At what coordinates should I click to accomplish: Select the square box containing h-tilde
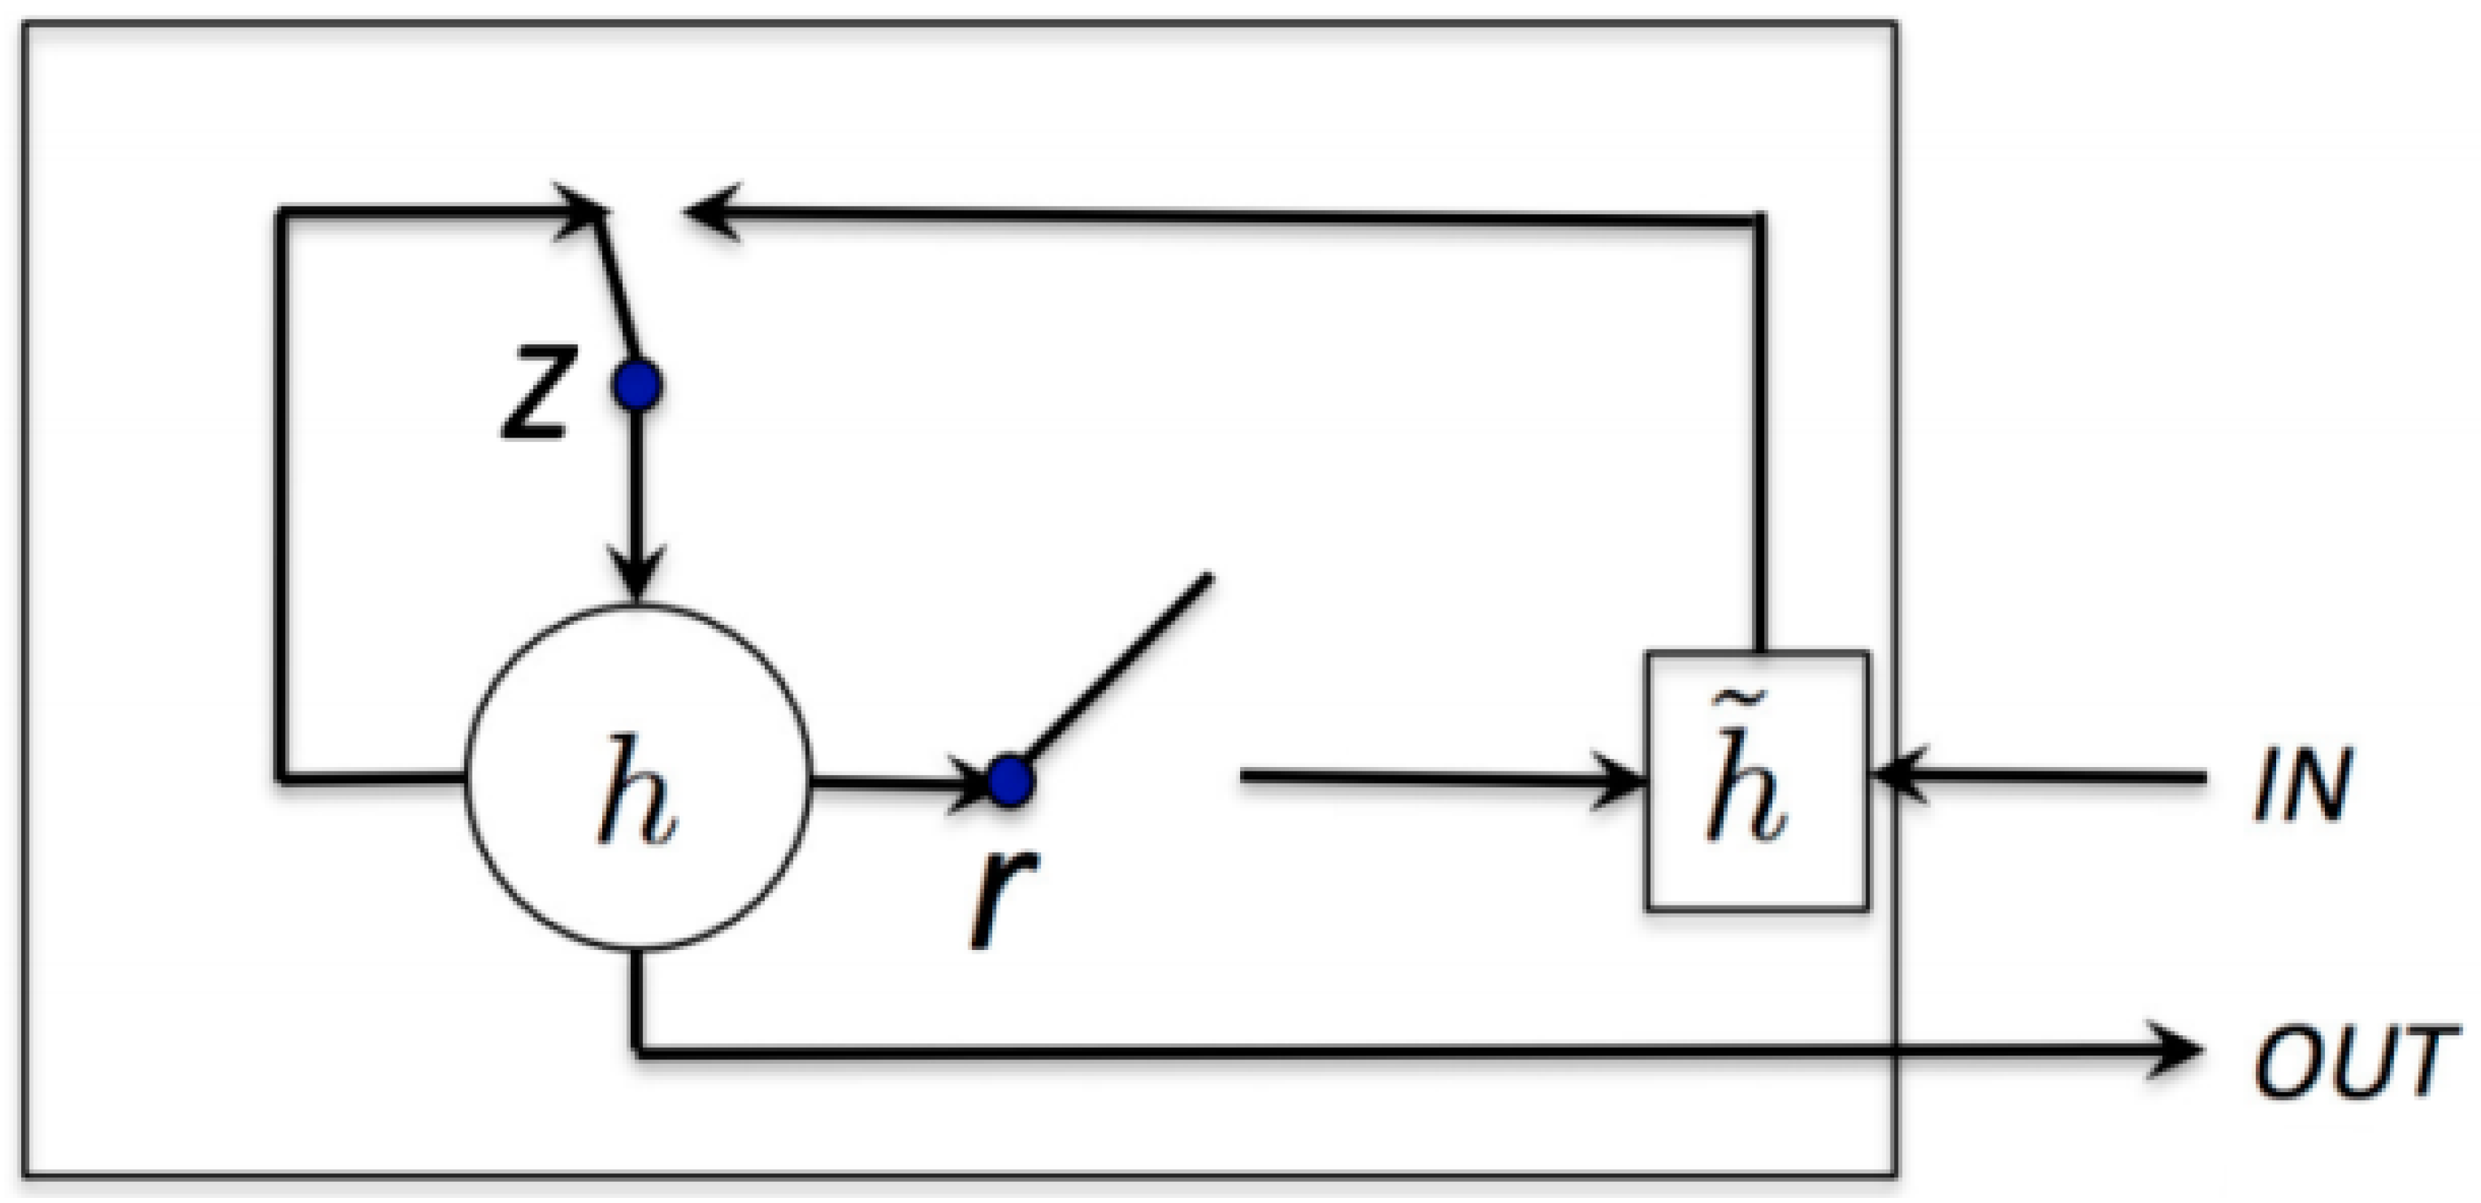pos(1758,780)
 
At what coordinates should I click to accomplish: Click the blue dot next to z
pos(636,385)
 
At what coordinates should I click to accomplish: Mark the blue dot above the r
pos(1009,780)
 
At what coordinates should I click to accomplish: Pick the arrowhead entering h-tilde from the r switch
pos(1623,778)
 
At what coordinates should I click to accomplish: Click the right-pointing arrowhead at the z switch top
pos(583,207)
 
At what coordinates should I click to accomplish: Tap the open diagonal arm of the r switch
pos(1117,665)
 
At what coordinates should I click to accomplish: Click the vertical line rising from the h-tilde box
pos(1758,433)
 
